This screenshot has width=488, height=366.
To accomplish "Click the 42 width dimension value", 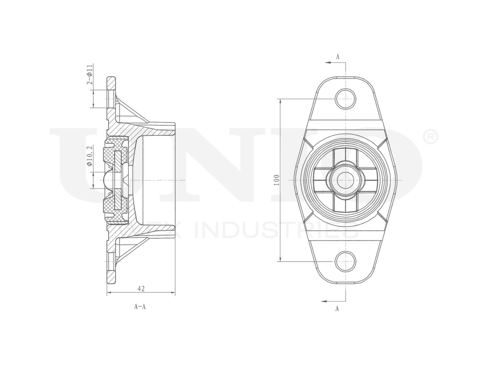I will pos(141,288).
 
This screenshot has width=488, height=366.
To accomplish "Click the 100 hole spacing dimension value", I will pos(276,179).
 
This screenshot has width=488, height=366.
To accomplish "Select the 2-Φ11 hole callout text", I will pos(90,75).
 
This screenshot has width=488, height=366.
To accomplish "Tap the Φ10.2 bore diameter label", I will pos(89,156).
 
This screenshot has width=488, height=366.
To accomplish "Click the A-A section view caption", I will pos(141,307).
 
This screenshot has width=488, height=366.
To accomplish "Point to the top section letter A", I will pos(337,57).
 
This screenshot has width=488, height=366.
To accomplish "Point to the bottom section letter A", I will pos(337,308).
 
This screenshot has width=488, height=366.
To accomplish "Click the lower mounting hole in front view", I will pos(346,260).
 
